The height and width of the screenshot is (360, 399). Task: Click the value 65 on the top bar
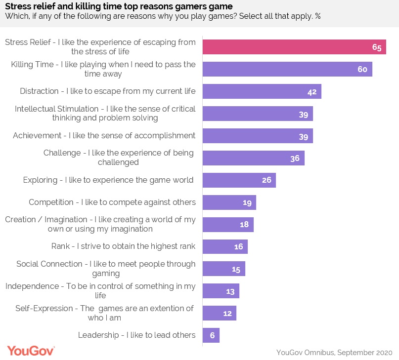[377, 47]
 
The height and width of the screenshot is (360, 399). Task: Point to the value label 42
[312, 92]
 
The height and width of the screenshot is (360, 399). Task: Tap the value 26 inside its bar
[266, 180]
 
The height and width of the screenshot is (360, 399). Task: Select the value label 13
[230, 291]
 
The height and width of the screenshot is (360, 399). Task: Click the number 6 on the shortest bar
[212, 336]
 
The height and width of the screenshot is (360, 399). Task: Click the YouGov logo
[31, 351]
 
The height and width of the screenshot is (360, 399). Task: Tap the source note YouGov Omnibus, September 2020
[334, 352]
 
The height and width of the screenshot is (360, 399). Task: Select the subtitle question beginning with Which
[163, 16]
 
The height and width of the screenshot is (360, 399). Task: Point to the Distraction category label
[108, 91]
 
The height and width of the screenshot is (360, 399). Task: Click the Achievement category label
[104, 136]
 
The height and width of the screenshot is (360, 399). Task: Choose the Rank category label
[124, 246]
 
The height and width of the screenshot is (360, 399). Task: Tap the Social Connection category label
[106, 269]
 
